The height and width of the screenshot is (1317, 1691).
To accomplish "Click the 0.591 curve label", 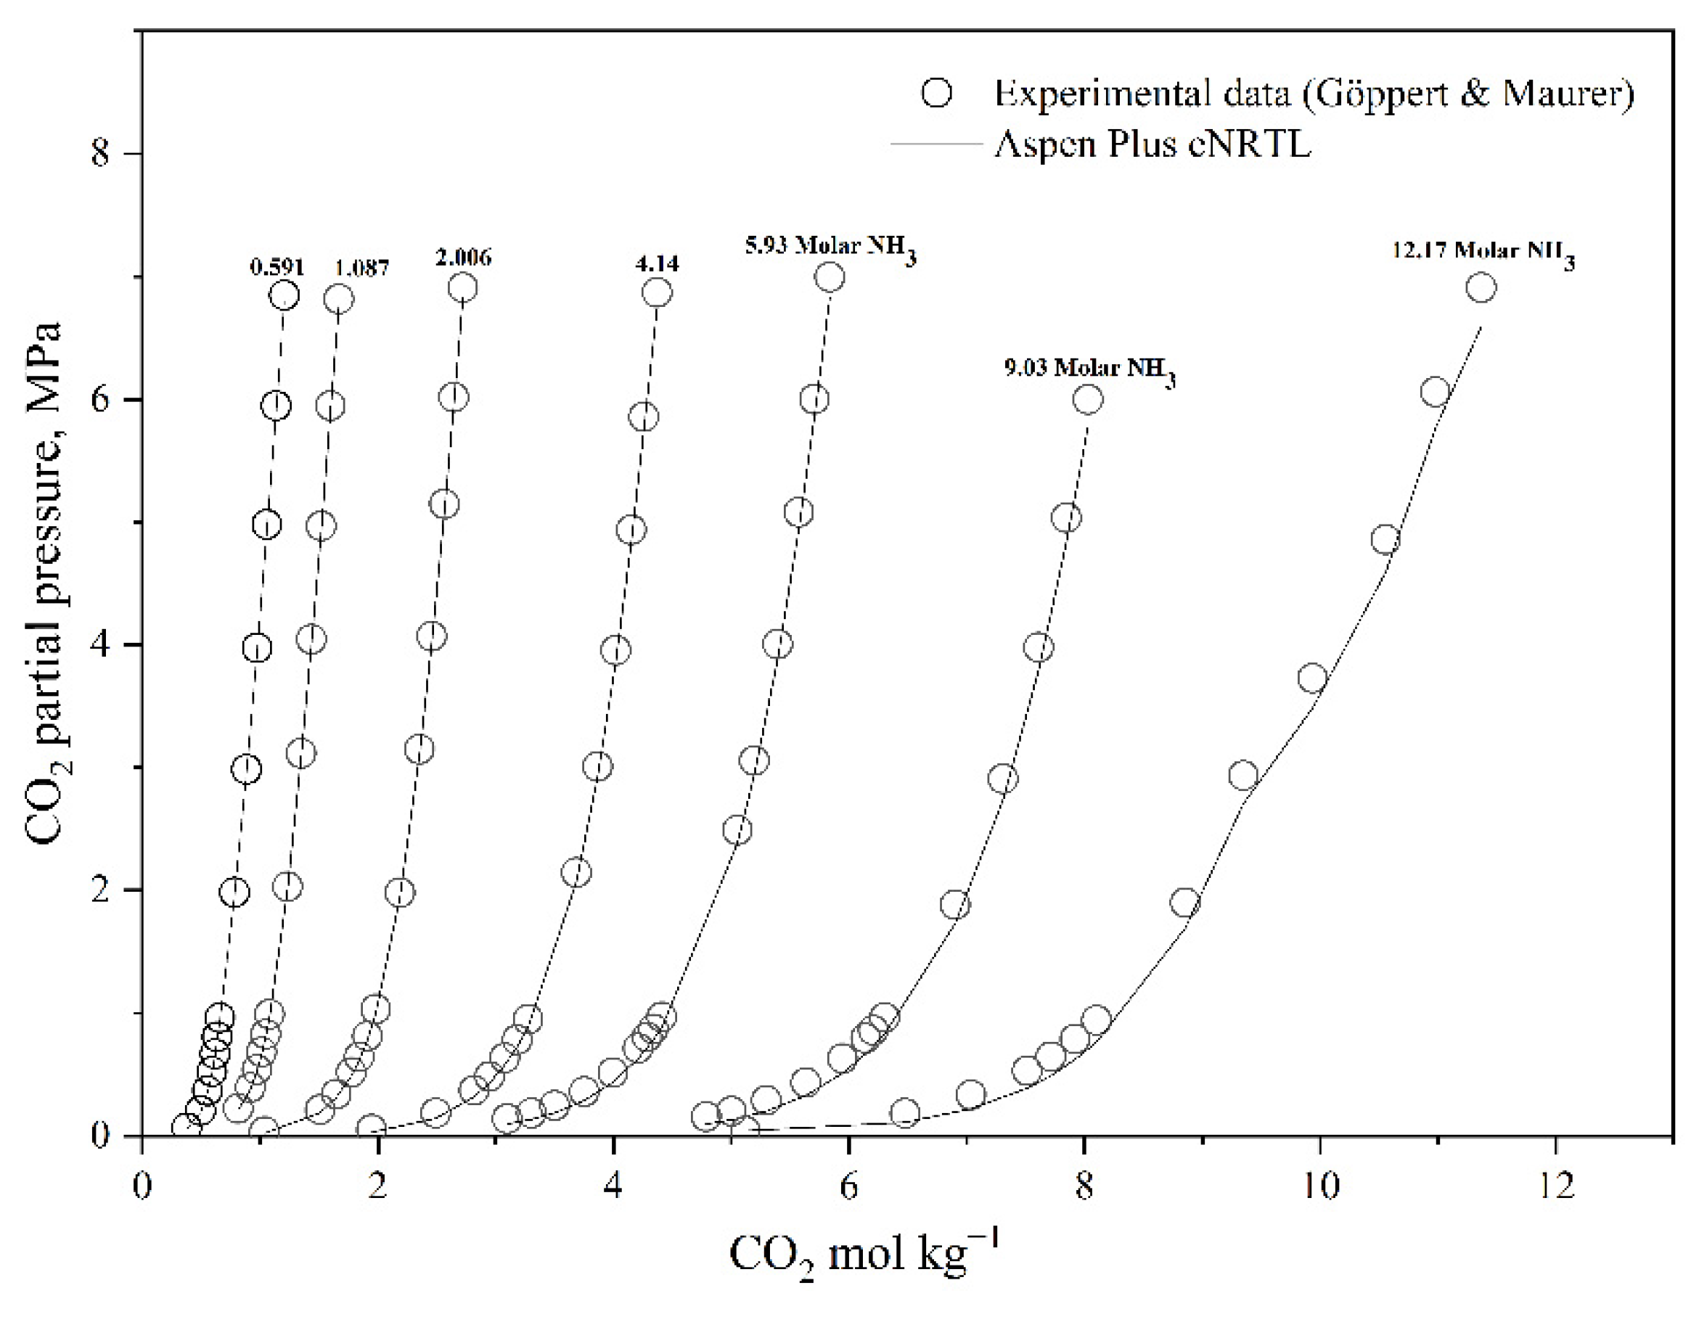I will pyautogui.click(x=277, y=267).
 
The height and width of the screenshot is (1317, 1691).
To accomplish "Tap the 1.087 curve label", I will pyautogui.click(x=361, y=268).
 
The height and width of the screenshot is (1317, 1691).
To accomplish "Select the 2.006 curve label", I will pyautogui.click(x=463, y=257).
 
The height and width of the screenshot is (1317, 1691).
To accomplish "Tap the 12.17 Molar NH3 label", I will pyautogui.click(x=1483, y=253).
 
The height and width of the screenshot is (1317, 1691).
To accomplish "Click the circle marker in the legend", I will pyautogui.click(x=937, y=94).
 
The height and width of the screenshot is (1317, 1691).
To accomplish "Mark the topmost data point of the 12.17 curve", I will pyautogui.click(x=1481, y=288).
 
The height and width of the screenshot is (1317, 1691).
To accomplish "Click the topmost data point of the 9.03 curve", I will pyautogui.click(x=1088, y=400).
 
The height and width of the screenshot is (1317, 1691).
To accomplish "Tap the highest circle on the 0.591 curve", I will pyautogui.click(x=284, y=295).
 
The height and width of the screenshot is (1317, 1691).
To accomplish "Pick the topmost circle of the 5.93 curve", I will pyautogui.click(x=830, y=276).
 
